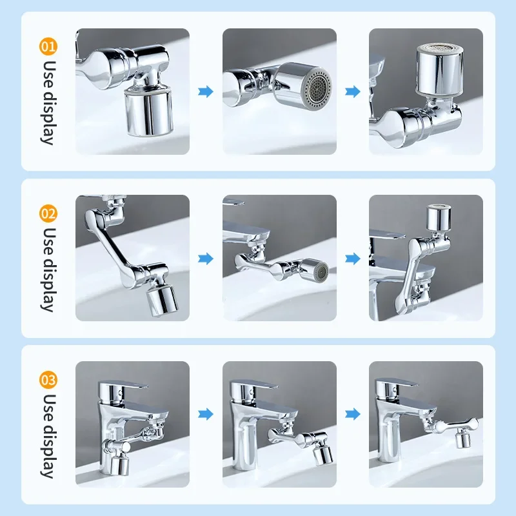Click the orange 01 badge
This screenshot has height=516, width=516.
(x=49, y=46)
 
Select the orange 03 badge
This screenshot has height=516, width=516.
(x=49, y=380)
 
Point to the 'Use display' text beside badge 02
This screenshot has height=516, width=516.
(x=49, y=268)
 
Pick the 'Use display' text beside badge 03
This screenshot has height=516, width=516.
(x=49, y=435)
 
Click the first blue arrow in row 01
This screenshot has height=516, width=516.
(x=206, y=92)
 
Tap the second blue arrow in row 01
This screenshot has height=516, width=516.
(x=352, y=92)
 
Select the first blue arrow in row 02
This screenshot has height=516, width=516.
(x=206, y=259)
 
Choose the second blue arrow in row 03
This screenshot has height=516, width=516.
(x=352, y=413)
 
